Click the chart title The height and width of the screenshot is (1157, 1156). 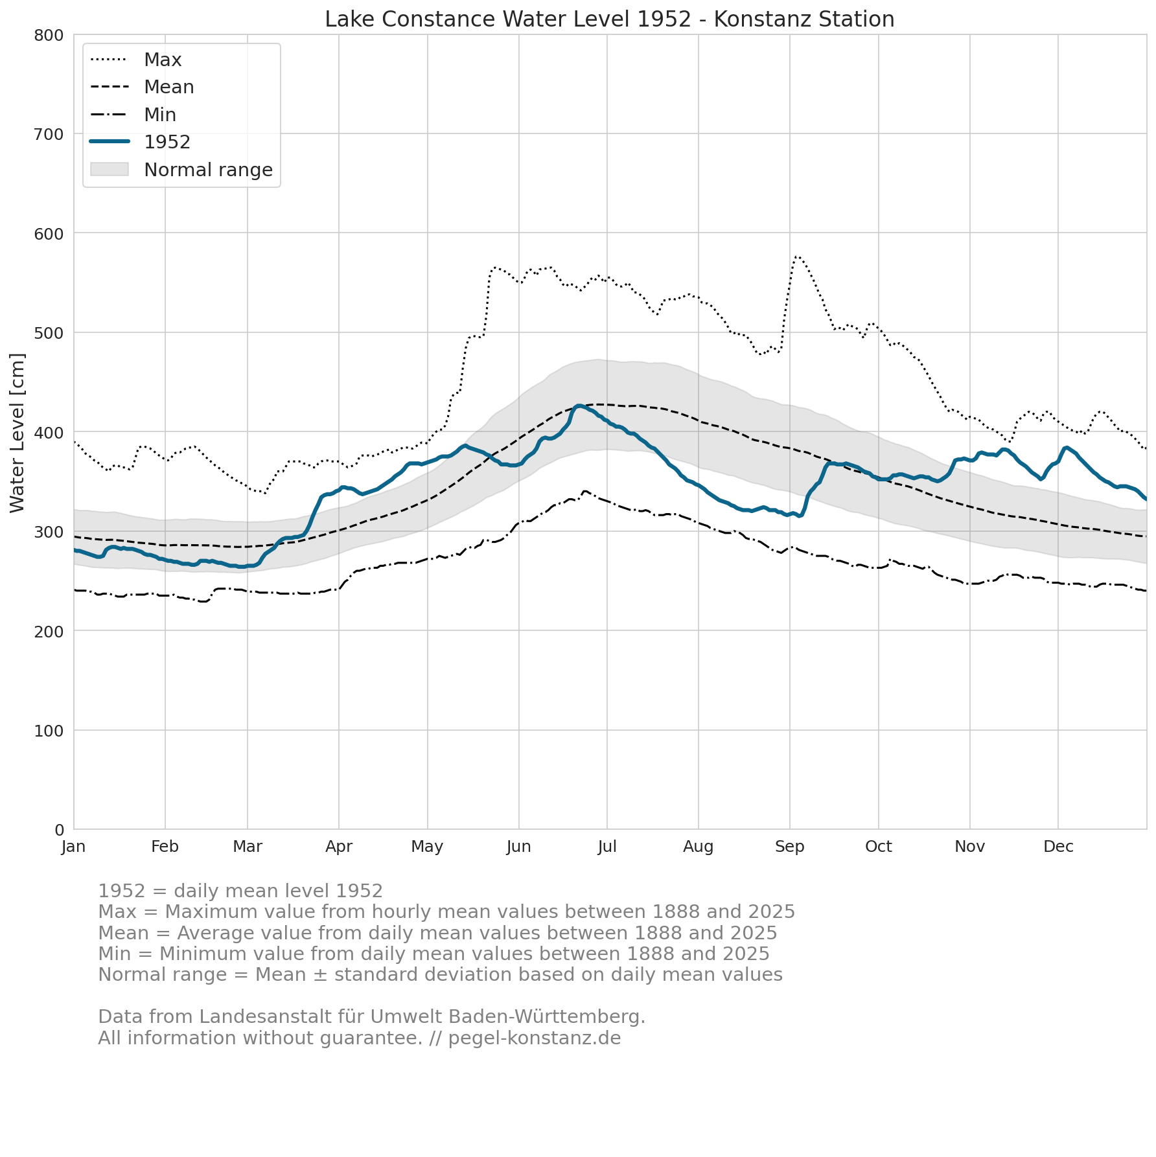coord(609,19)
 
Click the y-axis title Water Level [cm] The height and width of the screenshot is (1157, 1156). coord(17,433)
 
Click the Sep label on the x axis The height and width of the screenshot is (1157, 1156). coord(790,847)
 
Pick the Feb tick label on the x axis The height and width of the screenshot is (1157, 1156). coord(165,847)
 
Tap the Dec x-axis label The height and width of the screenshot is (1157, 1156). coord(1058,847)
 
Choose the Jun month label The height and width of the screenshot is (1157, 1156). coord(518,847)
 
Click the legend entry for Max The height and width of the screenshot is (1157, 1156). coord(136,60)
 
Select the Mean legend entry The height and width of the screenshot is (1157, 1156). coord(142,87)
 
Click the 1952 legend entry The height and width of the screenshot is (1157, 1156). coord(140,142)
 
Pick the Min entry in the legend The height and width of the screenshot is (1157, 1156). coord(133,115)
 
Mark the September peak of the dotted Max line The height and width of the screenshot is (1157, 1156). coord(796,257)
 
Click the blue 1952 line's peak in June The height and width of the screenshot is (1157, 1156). coord(579,406)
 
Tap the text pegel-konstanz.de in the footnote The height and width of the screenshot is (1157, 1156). coord(535,1038)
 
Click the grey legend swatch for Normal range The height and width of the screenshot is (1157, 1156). coord(110,170)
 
